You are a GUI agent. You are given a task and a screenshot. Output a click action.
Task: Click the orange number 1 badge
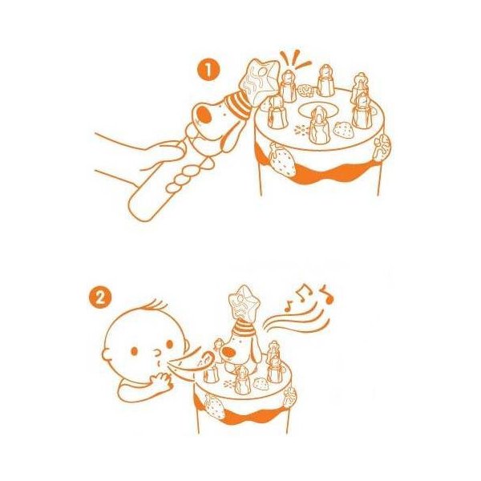point(208,70)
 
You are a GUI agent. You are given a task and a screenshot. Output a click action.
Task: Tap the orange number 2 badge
point(99,297)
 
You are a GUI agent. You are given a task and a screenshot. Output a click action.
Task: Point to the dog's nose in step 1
point(204,115)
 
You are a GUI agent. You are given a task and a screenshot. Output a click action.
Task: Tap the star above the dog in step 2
point(245,303)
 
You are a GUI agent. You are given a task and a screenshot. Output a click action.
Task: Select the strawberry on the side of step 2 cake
point(214,407)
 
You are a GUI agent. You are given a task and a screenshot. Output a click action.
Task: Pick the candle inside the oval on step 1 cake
point(319,124)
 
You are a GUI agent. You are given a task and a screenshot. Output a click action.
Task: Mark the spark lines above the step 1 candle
point(294,60)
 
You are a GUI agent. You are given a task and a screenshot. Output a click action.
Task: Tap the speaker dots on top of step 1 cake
point(300,131)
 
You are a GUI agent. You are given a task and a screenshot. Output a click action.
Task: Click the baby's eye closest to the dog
point(169,344)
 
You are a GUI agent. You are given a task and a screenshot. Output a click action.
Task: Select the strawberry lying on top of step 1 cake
point(344,131)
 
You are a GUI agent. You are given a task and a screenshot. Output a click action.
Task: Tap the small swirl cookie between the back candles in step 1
point(305,91)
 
